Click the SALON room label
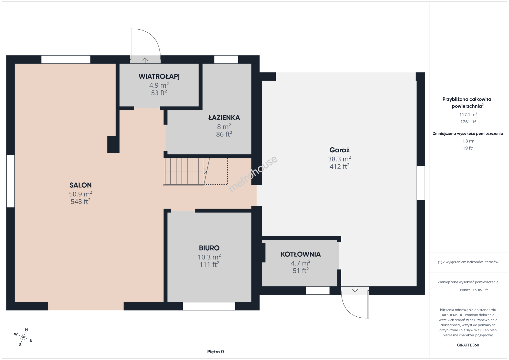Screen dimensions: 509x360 pos(80,185)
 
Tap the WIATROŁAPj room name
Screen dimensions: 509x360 pos(159,77)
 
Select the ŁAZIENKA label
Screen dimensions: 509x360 pos(224,118)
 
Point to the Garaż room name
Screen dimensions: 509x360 pos(339,150)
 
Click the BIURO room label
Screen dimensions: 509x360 pos(209,248)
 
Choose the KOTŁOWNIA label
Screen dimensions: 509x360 pos(301,254)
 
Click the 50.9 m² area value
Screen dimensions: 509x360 pos(80,194)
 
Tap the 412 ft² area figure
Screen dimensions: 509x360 pos(339,166)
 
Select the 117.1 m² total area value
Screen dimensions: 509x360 pos(468,114)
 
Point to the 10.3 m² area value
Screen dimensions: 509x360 pos(209,257)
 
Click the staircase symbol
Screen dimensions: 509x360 pos(186,172)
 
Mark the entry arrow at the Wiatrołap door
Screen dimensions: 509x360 pos(145,60)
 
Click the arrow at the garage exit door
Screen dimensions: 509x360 pos(355,290)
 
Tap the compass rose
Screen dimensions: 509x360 pos(23,338)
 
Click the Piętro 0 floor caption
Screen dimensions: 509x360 pos(215,352)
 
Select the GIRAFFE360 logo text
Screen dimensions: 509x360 pos(468,345)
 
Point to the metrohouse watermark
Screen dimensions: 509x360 pos(253,174)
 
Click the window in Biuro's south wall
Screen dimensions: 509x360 pos(209,306)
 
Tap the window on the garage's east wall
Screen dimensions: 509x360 pos(421,183)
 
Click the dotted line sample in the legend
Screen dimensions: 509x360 pos(453,290)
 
